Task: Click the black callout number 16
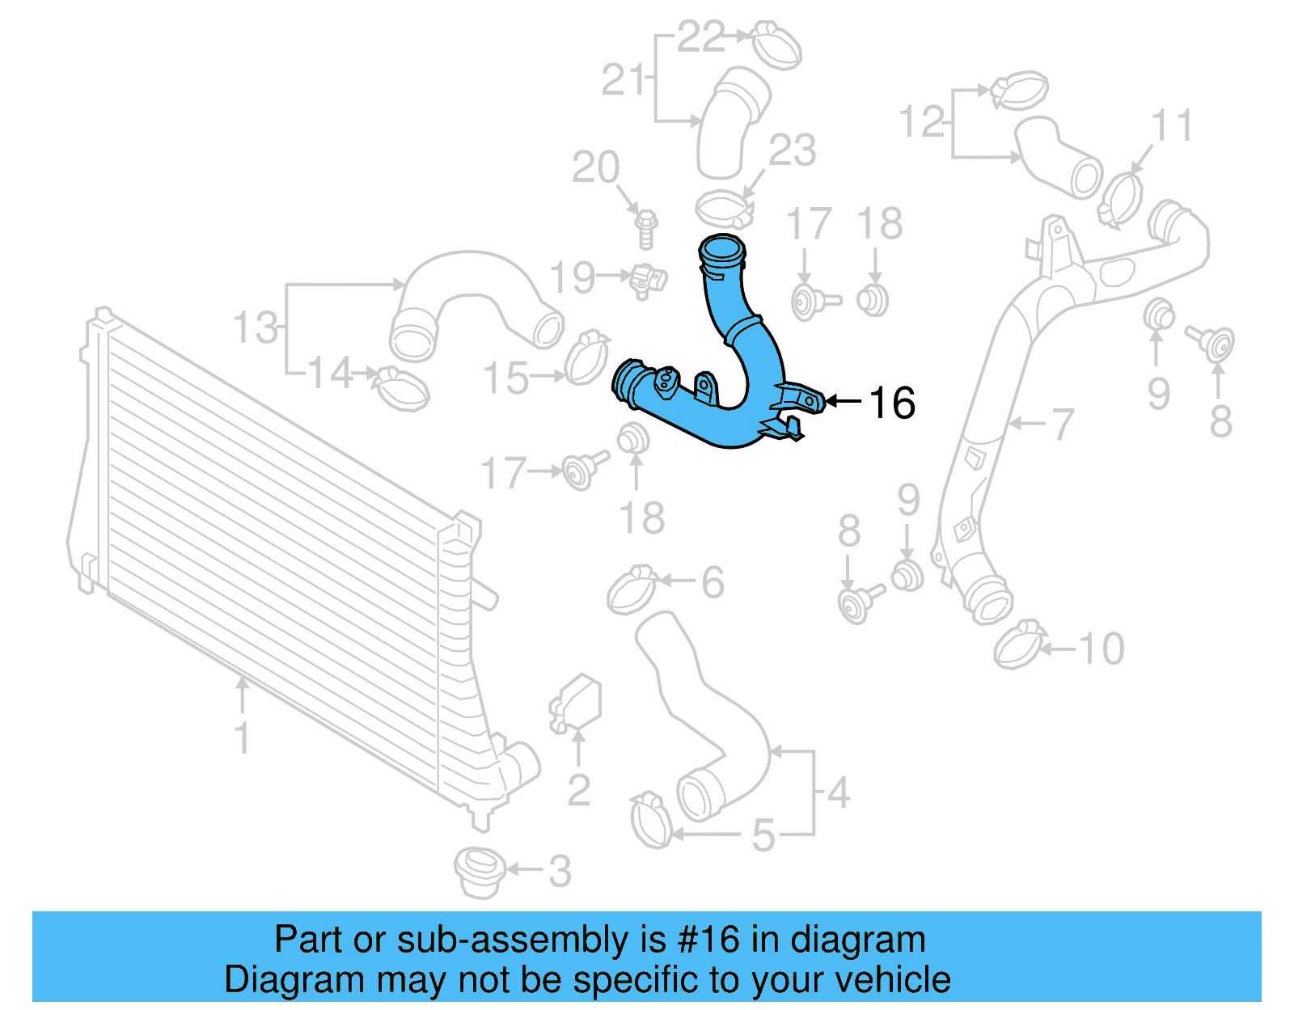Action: pyautogui.click(x=892, y=403)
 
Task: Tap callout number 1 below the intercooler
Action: pyautogui.click(x=242, y=737)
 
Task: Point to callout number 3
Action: pyautogui.click(x=560, y=871)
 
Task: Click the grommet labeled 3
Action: pyautogui.click(x=479, y=872)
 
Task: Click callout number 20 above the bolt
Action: pyautogui.click(x=595, y=167)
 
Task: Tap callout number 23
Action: pyautogui.click(x=792, y=151)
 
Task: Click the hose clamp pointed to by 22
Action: pyautogui.click(x=776, y=45)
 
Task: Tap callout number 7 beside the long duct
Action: pyautogui.click(x=1062, y=424)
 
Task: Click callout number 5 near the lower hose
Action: pyautogui.click(x=763, y=835)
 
